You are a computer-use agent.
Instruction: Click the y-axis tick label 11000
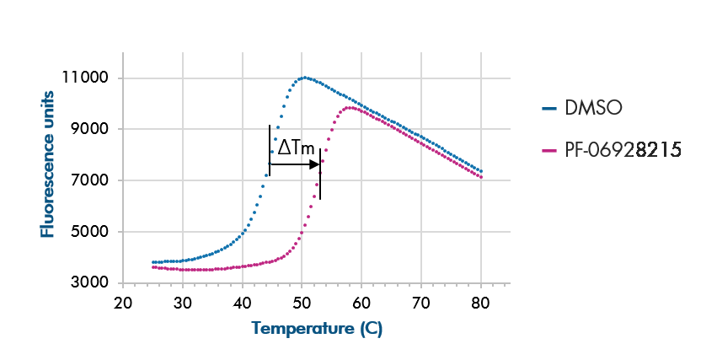pyautogui.click(x=86, y=78)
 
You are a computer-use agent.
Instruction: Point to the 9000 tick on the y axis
pyautogui.click(x=90, y=130)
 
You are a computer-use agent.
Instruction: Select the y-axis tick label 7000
pyautogui.click(x=90, y=180)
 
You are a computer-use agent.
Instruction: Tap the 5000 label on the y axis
pyautogui.click(x=90, y=232)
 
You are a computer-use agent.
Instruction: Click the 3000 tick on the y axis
pyautogui.click(x=90, y=283)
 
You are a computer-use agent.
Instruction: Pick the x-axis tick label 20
pyautogui.click(x=123, y=303)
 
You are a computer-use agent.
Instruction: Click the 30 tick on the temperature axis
pyautogui.click(x=183, y=303)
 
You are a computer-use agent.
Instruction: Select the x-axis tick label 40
pyautogui.click(x=243, y=303)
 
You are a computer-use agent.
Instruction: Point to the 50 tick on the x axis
pyautogui.click(x=302, y=303)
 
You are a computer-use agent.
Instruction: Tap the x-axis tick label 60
pyautogui.click(x=361, y=303)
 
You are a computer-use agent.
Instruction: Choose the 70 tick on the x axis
pyautogui.click(x=421, y=303)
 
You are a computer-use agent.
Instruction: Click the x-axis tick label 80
pyautogui.click(x=480, y=303)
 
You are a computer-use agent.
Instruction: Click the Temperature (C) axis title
pyautogui.click(x=316, y=329)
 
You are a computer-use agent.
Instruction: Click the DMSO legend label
pyautogui.click(x=593, y=108)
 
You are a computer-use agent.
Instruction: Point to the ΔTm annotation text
pyautogui.click(x=297, y=148)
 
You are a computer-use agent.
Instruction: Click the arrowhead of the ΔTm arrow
pyautogui.click(x=315, y=164)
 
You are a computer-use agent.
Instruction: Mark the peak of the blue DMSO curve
pyautogui.click(x=303, y=78)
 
